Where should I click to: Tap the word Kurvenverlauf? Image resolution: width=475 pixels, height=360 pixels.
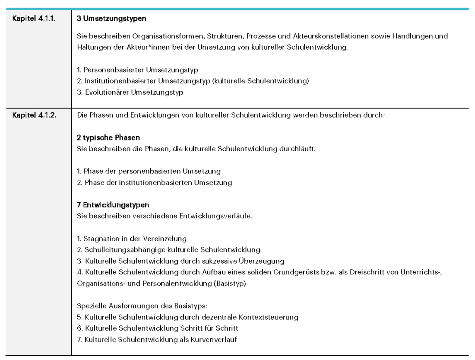[213, 339]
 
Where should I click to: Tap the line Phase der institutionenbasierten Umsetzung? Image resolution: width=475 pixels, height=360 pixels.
[154, 182]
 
